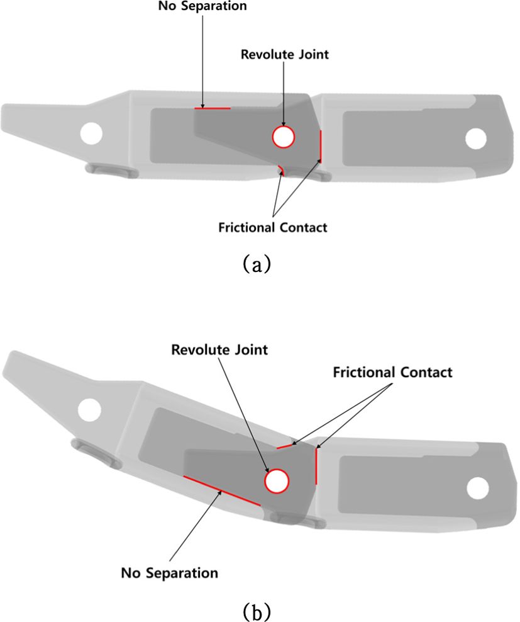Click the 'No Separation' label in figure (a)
click(x=202, y=7)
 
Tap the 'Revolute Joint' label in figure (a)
click(x=285, y=54)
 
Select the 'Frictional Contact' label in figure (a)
click(x=273, y=227)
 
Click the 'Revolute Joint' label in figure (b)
click(x=219, y=349)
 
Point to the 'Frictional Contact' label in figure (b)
click(x=392, y=372)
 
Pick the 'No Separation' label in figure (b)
click(x=170, y=573)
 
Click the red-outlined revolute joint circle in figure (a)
click(x=283, y=137)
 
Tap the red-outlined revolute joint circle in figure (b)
click(x=276, y=482)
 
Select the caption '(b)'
click(x=255, y=609)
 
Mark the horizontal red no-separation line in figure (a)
click(x=213, y=108)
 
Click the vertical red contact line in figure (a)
click(x=321, y=145)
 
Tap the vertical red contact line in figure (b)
click(x=316, y=466)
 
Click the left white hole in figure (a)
click(x=92, y=132)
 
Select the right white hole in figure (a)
click(x=475, y=139)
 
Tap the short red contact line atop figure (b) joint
click(x=285, y=447)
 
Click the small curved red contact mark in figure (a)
click(x=281, y=171)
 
